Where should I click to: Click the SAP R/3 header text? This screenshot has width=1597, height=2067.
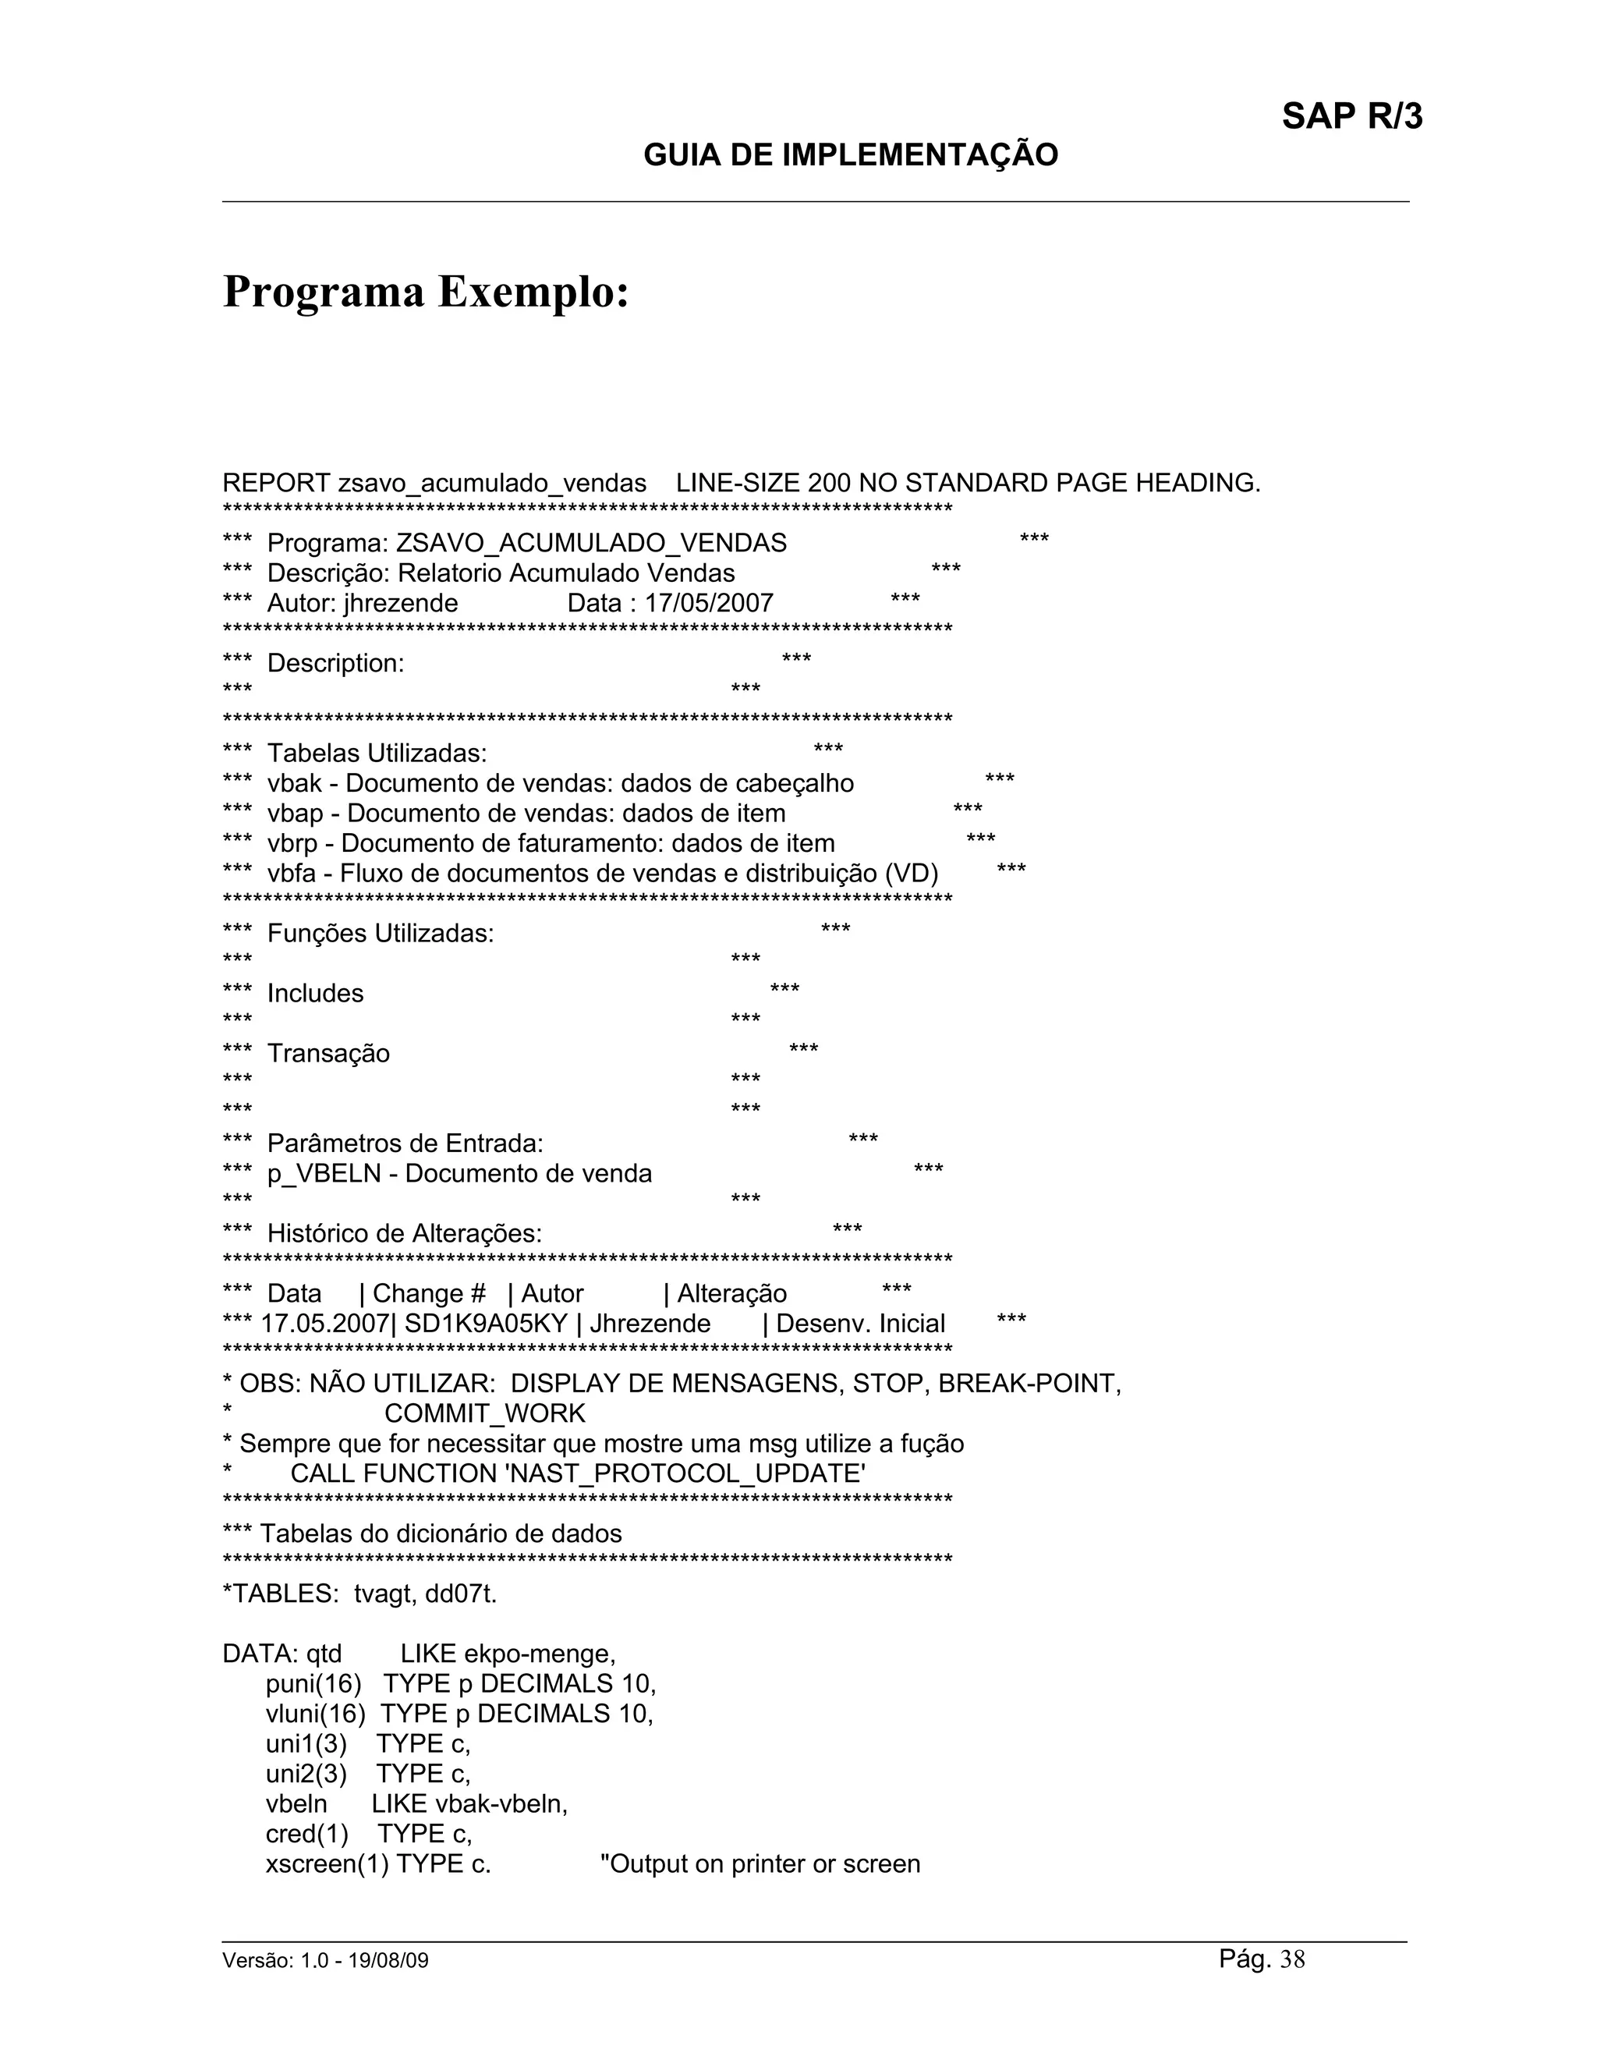point(1351,116)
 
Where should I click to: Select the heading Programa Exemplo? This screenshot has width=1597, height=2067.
point(426,292)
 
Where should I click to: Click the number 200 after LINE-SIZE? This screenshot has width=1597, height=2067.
point(829,484)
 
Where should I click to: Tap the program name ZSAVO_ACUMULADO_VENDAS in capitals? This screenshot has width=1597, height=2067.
point(590,543)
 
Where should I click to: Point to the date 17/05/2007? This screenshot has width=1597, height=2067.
point(709,604)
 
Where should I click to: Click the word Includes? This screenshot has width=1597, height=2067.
point(315,994)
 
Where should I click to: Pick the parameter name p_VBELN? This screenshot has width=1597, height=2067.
point(324,1175)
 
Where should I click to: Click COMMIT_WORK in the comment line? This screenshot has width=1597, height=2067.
point(484,1414)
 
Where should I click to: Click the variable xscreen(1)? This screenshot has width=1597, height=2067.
point(327,1864)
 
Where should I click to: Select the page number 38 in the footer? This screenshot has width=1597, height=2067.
point(1292,1960)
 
